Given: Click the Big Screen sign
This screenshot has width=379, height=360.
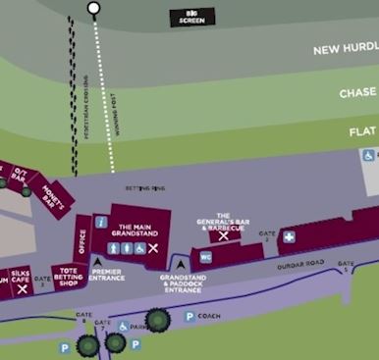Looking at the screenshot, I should point(191,17).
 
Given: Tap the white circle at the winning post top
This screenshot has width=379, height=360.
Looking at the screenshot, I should point(93,9).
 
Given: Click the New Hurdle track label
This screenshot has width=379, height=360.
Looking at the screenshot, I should point(345,50).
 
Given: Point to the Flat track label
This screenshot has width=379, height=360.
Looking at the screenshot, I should point(362,130).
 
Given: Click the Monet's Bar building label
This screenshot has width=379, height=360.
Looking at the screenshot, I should point(50,187).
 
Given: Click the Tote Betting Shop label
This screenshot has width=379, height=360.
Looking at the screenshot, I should point(68,278).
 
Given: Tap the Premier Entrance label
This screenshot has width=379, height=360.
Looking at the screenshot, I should point(107,275).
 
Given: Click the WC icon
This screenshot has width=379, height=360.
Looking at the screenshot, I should point(206,256).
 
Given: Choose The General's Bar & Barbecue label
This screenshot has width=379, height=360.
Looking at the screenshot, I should point(223,221).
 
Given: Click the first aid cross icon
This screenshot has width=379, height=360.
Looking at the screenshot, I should point(289,237).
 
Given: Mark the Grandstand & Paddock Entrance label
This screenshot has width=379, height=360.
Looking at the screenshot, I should point(181,283).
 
